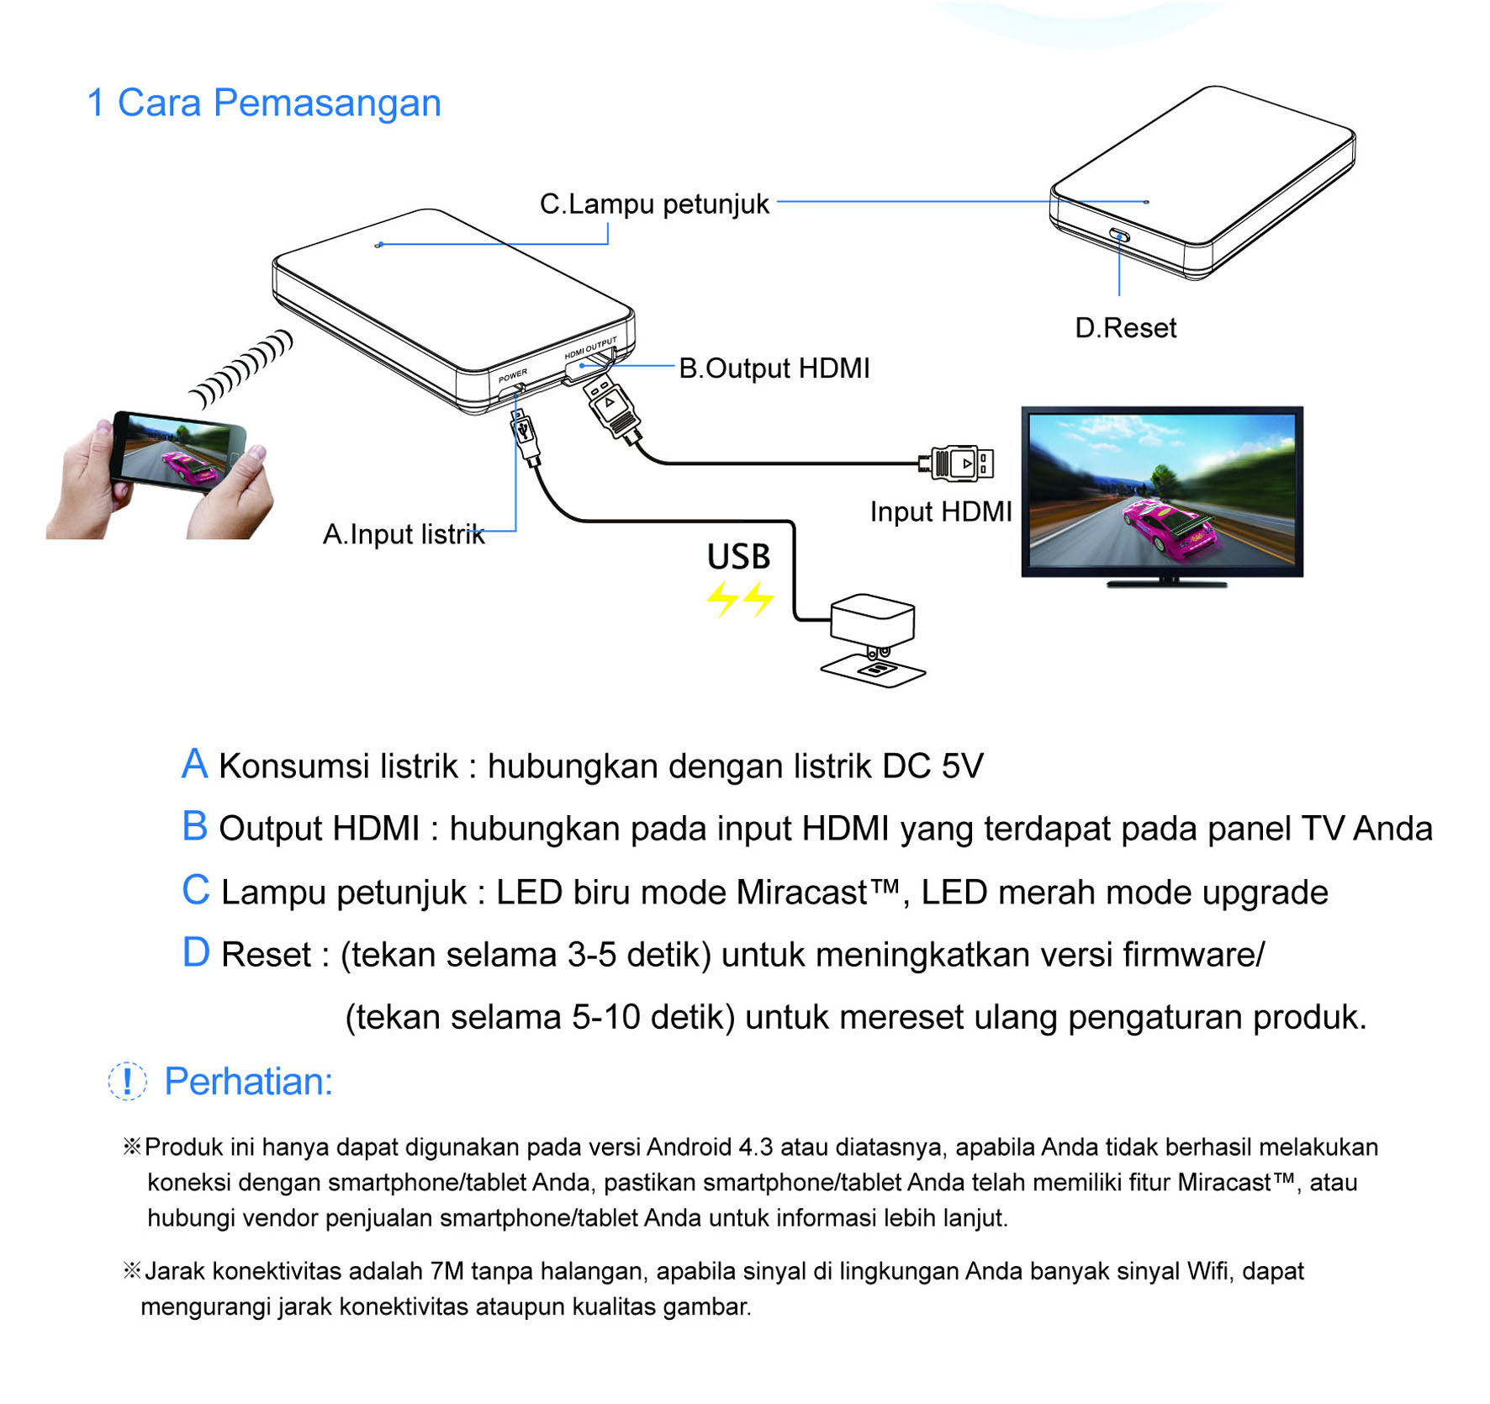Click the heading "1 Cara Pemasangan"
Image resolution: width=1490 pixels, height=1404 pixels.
264,103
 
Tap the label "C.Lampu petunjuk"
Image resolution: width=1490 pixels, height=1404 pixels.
654,204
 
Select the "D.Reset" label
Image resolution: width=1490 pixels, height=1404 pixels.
1125,328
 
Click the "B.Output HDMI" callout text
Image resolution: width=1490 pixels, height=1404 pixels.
774,368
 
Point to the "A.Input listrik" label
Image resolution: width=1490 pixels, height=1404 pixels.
404,534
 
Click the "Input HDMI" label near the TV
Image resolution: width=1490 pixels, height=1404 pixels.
941,511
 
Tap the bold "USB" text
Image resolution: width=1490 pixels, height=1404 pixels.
738,557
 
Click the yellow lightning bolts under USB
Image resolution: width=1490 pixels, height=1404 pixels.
740,599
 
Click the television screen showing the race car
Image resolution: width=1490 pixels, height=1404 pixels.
1162,492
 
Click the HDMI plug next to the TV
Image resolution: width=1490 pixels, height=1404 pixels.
958,464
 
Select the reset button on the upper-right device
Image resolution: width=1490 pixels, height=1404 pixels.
1119,236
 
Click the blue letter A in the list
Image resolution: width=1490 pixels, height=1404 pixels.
194,764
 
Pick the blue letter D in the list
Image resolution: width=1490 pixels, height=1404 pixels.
196,953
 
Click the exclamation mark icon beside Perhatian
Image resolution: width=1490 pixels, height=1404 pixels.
128,1081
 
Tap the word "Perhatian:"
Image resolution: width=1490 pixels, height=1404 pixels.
248,1082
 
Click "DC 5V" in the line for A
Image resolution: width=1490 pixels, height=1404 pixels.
933,766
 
